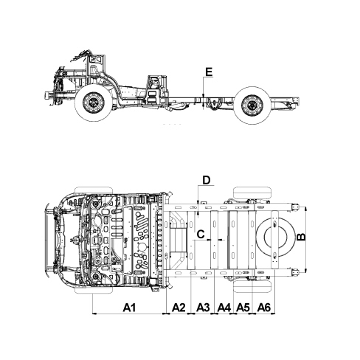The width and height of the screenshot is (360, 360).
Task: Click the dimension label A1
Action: pyautogui.click(x=129, y=308)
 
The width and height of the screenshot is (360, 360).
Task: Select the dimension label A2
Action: pyautogui.click(x=179, y=308)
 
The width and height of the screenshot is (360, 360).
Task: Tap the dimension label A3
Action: pyautogui.click(x=204, y=308)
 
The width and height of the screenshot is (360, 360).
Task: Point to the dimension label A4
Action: pyautogui.click(x=224, y=308)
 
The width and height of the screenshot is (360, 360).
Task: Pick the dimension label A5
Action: pyautogui.click(x=243, y=308)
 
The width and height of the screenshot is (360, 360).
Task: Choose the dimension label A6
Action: pyautogui.click(x=264, y=308)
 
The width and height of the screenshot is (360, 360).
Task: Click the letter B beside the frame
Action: pyautogui.click(x=301, y=237)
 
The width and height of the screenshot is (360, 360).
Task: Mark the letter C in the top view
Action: pyautogui.click(x=201, y=235)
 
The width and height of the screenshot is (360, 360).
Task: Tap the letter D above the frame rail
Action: pyautogui.click(x=207, y=180)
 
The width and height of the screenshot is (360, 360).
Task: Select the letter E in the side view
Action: pyautogui.click(x=209, y=72)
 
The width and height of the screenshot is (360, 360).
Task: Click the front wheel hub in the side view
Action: pyautogui.click(x=94, y=103)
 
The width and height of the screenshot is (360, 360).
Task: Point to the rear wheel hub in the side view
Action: pyautogui.click(x=252, y=105)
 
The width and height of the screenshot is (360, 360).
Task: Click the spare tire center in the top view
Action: pyautogui.click(x=275, y=237)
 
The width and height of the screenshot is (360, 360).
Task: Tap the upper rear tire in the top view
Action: pyautogui.click(x=252, y=193)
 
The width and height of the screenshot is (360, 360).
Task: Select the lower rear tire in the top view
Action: pyautogui.click(x=252, y=286)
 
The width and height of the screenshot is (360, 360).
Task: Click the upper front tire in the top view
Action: pyautogui.click(x=94, y=190)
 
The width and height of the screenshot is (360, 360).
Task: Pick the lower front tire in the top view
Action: pyautogui.click(x=94, y=290)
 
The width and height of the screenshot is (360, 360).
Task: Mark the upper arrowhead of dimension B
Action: pyautogui.click(x=305, y=210)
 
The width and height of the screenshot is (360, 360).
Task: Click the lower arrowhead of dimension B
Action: pyautogui.click(x=305, y=271)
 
